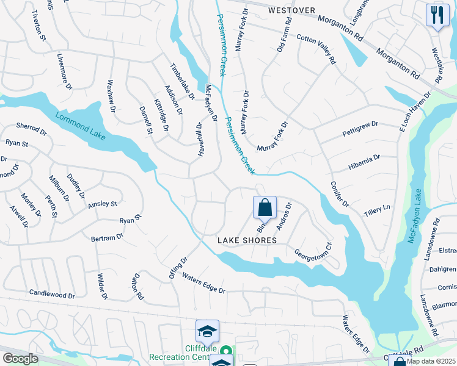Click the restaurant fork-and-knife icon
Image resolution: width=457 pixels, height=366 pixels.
[437, 15]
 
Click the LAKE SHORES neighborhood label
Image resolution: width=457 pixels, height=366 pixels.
[247, 241]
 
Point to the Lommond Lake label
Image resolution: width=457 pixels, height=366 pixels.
[80, 127]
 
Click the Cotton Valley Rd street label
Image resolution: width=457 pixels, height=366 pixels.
[316, 48]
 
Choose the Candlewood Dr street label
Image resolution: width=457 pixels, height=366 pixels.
[52, 295]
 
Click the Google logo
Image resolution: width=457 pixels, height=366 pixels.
[20, 359]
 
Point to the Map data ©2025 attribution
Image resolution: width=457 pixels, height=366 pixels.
[431, 361]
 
